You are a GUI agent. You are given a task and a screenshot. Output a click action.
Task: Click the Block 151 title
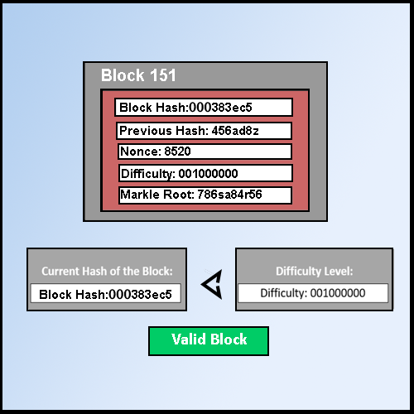pos(138,76)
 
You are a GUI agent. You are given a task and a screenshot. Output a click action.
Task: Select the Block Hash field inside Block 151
pos(204,108)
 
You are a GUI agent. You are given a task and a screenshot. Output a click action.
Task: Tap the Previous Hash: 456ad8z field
pos(204,131)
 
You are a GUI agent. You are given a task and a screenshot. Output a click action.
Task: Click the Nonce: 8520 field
pos(204,152)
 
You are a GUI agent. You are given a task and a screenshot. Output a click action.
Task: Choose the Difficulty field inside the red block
pos(205,173)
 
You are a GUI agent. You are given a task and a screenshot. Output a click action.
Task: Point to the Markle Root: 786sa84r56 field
pos(205,195)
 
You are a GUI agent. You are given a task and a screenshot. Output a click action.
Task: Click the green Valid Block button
pos(209,340)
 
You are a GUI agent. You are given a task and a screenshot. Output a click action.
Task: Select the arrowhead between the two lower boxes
pos(213,285)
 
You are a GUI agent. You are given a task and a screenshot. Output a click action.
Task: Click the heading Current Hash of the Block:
pos(107,271)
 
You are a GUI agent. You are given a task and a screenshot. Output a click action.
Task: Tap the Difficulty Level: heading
pos(314,271)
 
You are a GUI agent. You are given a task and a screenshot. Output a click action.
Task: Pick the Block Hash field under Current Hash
pos(105,294)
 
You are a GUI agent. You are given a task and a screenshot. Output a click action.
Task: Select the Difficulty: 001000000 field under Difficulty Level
pos(312,293)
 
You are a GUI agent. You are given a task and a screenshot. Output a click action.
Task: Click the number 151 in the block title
pos(162,76)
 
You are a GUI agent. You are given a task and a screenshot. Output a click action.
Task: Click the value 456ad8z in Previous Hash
pos(224,131)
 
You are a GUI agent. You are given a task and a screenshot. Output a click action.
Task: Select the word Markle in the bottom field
pos(139,195)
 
